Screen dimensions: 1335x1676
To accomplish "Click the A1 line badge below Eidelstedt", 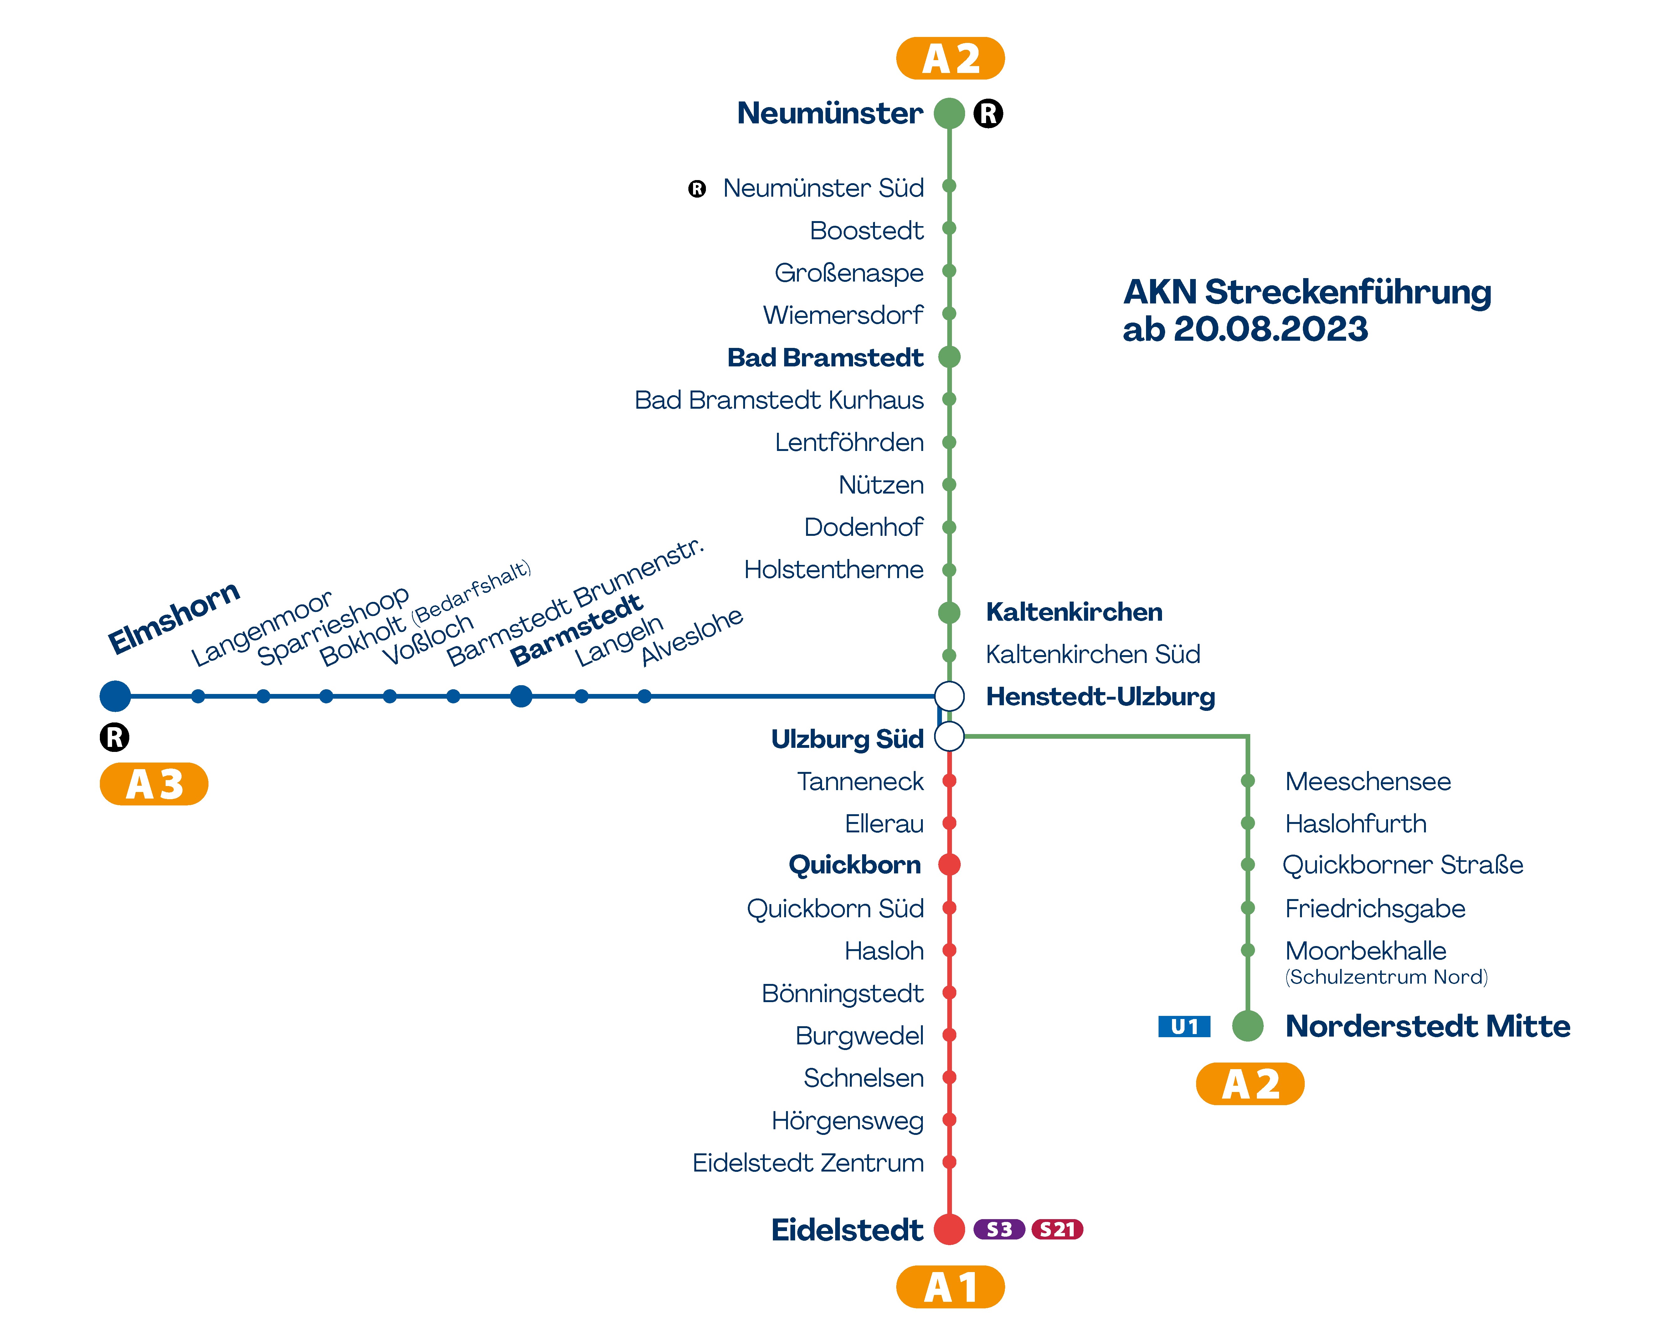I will pyautogui.click(x=950, y=1287).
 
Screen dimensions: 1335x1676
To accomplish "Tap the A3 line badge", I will pyautogui.click(x=154, y=784).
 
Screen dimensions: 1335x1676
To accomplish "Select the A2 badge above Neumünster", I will pyautogui.click(x=950, y=58).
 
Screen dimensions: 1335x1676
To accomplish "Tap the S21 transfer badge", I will pyautogui.click(x=1057, y=1229).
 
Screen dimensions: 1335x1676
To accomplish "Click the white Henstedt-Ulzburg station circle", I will pyautogui.click(x=949, y=696).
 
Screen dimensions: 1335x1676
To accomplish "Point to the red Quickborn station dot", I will pyautogui.click(x=949, y=865).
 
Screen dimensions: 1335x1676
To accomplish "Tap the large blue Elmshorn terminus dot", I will pyautogui.click(x=115, y=696).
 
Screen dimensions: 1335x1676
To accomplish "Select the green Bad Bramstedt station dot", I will pyautogui.click(x=949, y=357).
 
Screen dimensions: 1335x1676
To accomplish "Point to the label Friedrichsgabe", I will pyautogui.click(x=1374, y=908).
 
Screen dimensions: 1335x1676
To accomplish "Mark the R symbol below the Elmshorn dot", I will pyautogui.click(x=115, y=737).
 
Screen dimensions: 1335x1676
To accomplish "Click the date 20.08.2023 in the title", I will pyautogui.click(x=1270, y=329).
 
